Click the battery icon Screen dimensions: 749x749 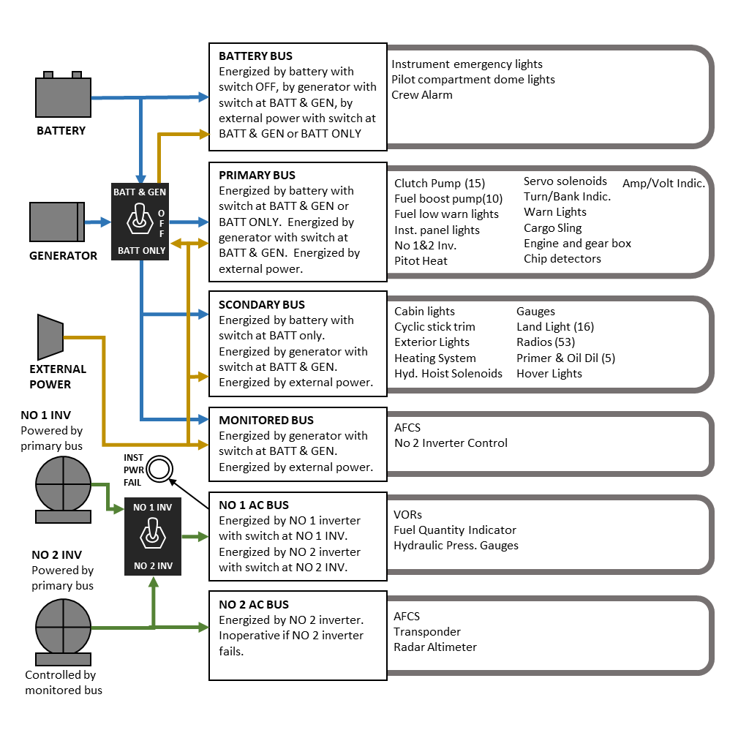point(63,94)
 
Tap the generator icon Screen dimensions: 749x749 point(57,222)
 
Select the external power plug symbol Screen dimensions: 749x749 point(50,336)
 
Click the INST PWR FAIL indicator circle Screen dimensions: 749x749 point(159,469)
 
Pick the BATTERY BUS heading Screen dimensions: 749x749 point(255,56)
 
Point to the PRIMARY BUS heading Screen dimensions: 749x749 point(257,176)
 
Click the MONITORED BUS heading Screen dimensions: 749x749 point(266,421)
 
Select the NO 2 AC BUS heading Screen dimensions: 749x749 point(254,605)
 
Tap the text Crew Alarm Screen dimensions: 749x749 point(422,95)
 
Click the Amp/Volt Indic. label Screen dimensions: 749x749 point(663,184)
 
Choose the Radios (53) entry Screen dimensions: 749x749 point(546,342)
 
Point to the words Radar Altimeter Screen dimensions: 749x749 point(435,647)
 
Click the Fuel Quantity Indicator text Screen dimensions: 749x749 point(455,530)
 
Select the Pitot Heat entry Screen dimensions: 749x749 point(421,261)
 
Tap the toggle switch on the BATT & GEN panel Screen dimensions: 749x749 point(140,219)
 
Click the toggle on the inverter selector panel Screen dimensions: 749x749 point(153,534)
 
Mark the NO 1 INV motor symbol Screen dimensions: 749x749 point(63,489)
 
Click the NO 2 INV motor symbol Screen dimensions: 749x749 point(63,632)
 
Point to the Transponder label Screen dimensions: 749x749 point(427,632)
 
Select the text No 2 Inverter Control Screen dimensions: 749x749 point(451,443)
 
